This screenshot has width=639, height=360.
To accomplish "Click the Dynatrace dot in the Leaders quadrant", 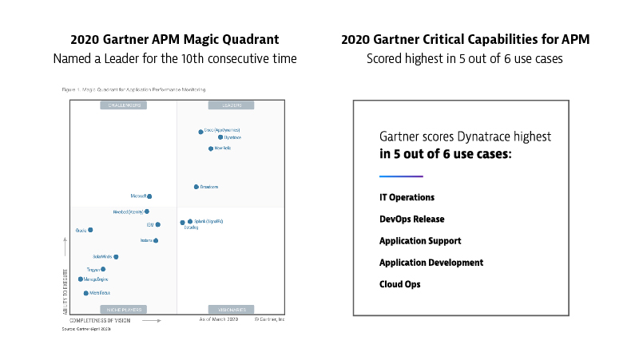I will (220, 137).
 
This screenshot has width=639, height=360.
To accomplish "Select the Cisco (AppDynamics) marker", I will (200, 131).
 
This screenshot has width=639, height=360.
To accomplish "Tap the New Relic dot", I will (211, 148).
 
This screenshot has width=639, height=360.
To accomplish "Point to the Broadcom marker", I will (196, 187).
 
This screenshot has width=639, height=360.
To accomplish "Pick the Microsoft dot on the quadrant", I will (149, 196).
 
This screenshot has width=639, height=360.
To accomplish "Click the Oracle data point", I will (90, 230).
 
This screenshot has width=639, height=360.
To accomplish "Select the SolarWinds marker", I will (116, 257).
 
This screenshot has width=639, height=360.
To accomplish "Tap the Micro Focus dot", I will (86, 293).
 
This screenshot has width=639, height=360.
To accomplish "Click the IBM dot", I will (158, 225).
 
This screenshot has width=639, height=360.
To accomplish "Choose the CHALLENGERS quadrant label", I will (123, 105).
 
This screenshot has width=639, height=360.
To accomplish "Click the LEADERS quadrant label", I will (231, 105).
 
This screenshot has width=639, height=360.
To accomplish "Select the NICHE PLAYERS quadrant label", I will (123, 309).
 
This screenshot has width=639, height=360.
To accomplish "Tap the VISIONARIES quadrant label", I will (231, 309).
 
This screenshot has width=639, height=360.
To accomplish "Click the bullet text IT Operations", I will (407, 197).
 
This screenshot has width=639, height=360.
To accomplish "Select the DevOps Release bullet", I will (411, 219).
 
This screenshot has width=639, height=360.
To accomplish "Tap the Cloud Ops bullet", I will (399, 284).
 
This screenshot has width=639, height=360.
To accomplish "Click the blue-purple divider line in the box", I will (401, 176).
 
